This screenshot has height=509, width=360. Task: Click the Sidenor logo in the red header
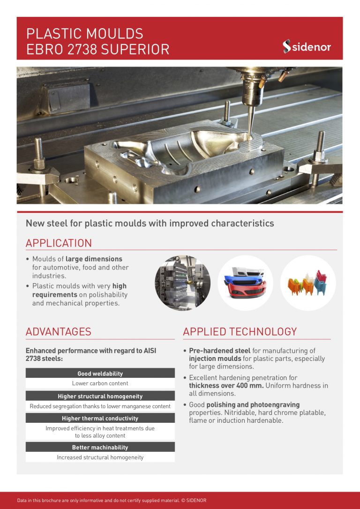coord(307,46)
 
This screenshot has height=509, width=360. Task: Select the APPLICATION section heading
coord(59,243)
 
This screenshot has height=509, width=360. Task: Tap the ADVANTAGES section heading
coord(58,332)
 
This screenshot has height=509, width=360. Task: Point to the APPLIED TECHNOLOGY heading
coord(240,332)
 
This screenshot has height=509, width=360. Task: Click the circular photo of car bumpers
coord(245,283)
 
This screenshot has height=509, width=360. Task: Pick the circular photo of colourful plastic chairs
coord(308,283)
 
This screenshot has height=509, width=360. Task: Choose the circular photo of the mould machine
coord(182,283)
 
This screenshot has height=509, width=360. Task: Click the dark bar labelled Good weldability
coord(100,374)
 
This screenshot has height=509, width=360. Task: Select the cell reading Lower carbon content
coord(100,383)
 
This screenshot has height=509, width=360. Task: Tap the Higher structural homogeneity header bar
coord(100,396)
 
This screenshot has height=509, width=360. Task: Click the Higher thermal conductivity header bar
coord(100,418)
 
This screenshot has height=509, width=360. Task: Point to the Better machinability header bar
coord(100,447)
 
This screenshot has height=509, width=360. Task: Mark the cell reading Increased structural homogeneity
coord(100,457)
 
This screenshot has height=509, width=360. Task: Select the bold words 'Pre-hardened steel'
coord(219,351)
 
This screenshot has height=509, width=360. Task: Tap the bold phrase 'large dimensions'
coord(94,259)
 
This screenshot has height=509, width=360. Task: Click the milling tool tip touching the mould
coord(250,136)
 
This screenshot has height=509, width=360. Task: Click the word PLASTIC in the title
coord(52,34)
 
